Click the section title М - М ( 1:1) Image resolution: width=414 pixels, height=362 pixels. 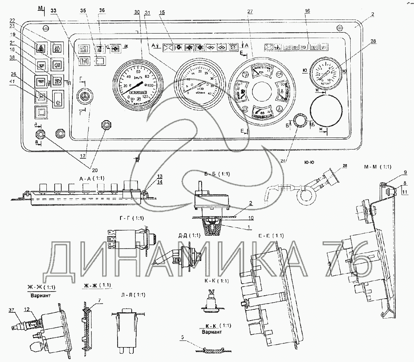[377, 167]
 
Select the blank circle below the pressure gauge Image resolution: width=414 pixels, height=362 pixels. [326, 109]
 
